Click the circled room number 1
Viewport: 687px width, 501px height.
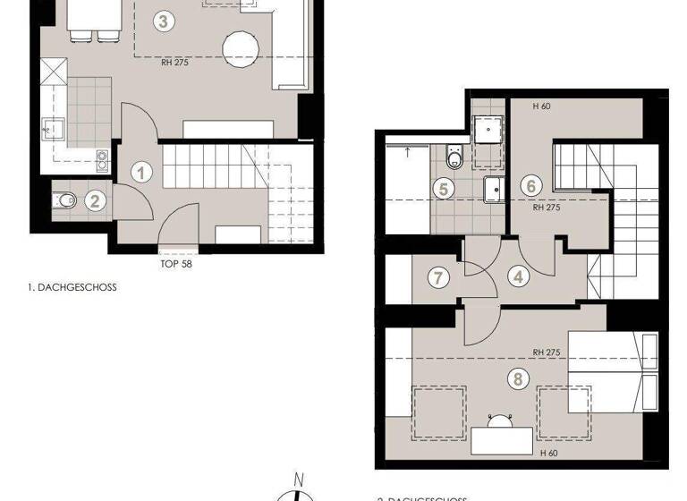pos(141,172)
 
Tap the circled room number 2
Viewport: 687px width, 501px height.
pos(96,200)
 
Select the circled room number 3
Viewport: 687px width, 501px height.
pos(162,21)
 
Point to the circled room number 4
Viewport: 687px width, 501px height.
pos(518,277)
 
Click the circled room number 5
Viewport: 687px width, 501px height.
pos(442,188)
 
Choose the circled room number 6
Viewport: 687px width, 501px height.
pos(531,186)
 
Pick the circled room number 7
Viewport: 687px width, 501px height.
pos(437,277)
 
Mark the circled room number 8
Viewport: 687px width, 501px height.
pos(517,378)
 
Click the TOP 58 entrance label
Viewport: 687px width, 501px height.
pos(175,264)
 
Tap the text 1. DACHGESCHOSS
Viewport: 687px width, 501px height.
pos(72,288)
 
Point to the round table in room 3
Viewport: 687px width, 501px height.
pos(241,48)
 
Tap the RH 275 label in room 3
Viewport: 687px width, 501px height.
pos(174,62)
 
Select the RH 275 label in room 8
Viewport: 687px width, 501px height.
pos(545,352)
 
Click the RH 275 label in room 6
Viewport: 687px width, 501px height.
pos(546,207)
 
